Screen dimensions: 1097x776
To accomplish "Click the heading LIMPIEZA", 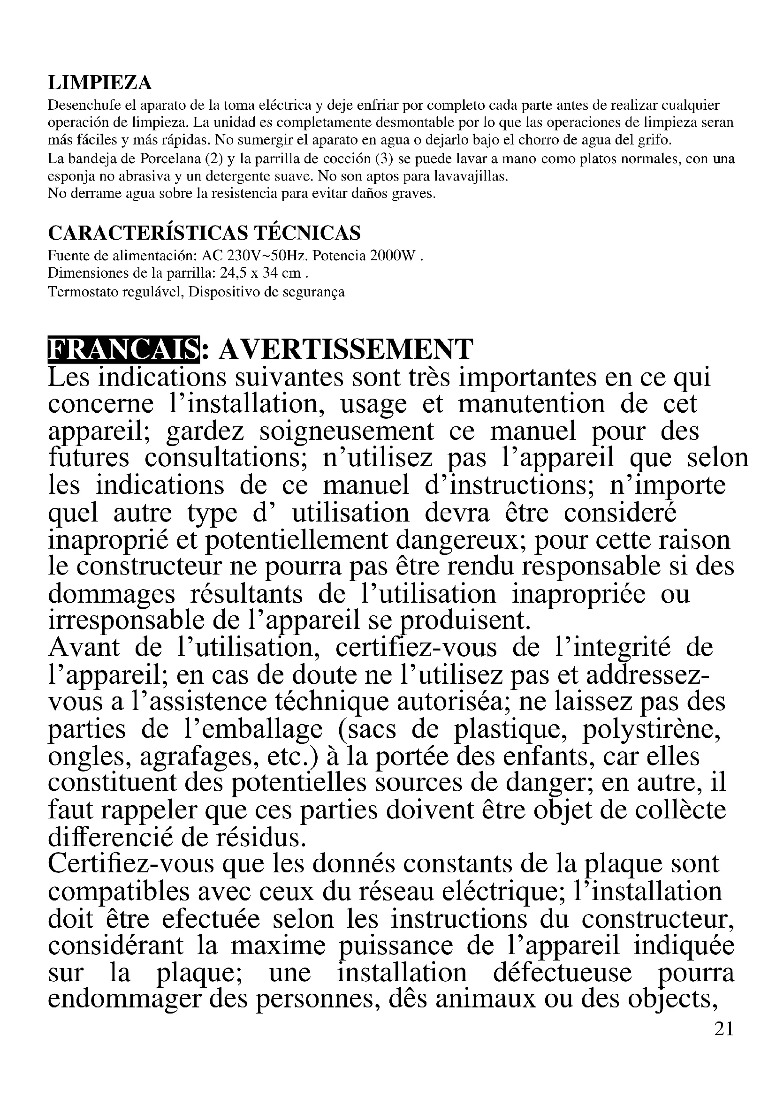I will [100, 83].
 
